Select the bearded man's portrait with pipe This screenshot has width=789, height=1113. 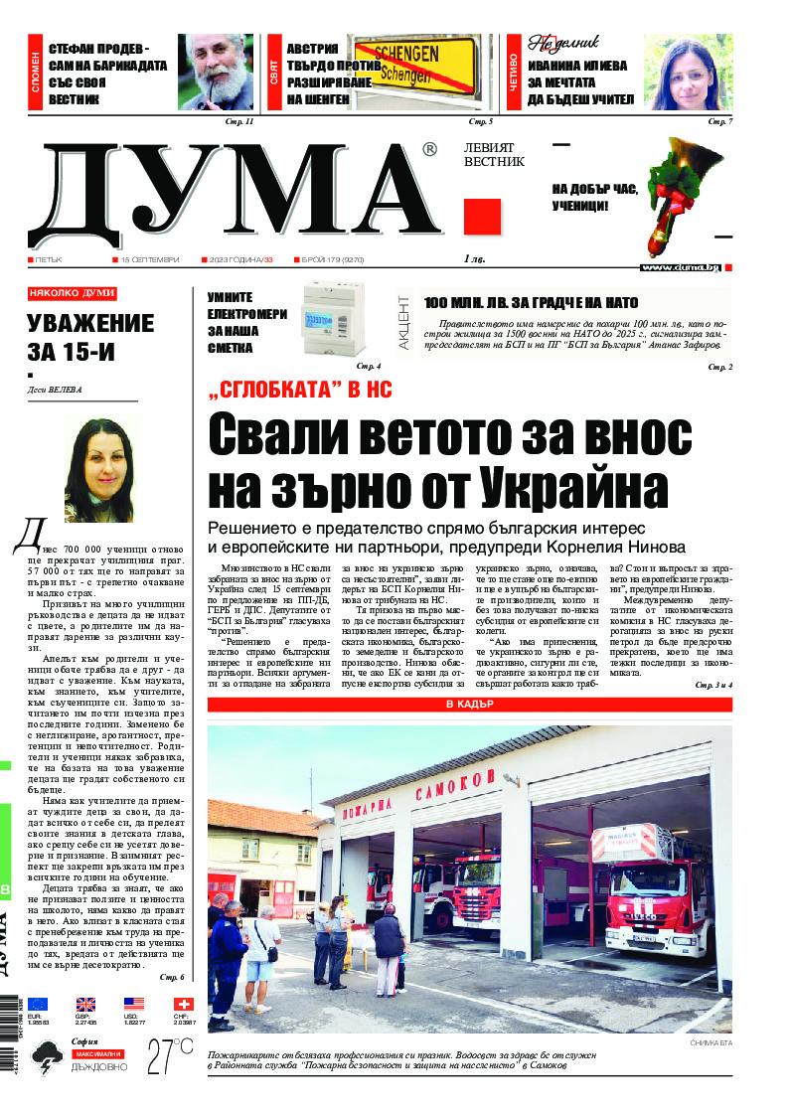pos(216,72)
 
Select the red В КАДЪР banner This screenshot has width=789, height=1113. pos(469,705)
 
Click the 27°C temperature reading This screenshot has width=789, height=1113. pos(170,1055)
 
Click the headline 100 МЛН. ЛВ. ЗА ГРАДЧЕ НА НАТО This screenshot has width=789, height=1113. pos(531,303)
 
